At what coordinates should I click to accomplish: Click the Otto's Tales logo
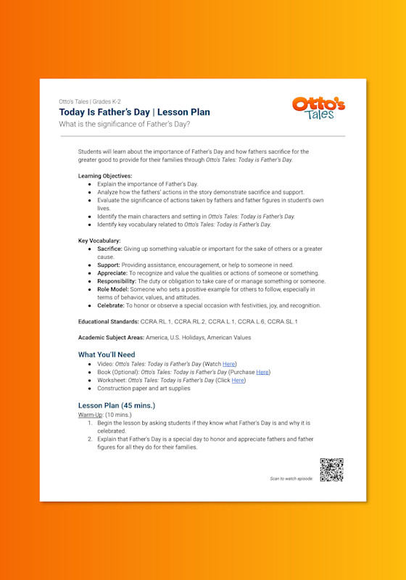pos(318,107)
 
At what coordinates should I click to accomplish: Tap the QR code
pos(331,470)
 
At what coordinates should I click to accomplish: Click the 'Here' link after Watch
pos(229,363)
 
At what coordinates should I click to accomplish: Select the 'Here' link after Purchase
pos(262,372)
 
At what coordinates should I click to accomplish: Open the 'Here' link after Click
pos(238,380)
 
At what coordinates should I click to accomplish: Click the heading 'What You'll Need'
pos(107,355)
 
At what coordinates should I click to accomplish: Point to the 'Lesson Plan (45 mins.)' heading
pos(116,405)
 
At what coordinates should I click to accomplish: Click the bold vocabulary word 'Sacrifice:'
pos(109,249)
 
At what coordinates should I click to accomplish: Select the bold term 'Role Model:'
pos(115,289)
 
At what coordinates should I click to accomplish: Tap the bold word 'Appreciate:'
pos(113,273)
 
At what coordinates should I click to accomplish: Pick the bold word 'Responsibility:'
pos(117,281)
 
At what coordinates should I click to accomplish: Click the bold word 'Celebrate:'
pos(112,306)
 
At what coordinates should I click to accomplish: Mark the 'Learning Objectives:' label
pos(105,176)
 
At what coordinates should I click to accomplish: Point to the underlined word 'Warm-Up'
pos(91,414)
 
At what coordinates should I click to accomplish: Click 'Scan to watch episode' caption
pos(291,478)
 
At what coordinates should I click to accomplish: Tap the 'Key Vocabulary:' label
pos(99,241)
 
